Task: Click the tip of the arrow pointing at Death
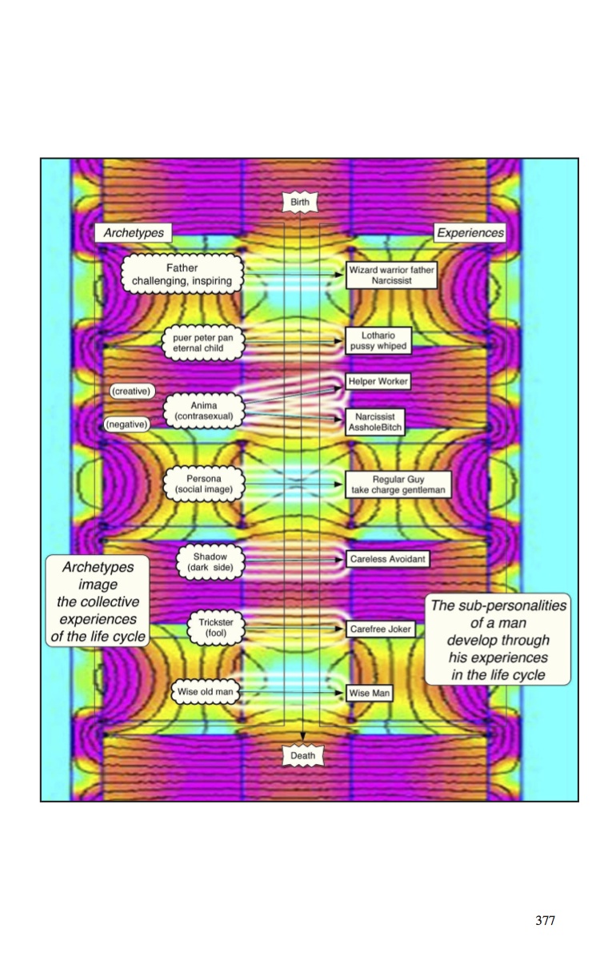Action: (x=303, y=740)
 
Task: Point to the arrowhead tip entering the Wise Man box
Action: (x=343, y=692)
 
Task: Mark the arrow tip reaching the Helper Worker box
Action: (x=342, y=387)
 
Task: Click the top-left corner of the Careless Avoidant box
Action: (x=346, y=551)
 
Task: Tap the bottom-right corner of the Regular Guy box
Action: (x=451, y=497)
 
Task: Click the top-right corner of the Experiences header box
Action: (x=506, y=223)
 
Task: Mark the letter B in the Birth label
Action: (x=293, y=202)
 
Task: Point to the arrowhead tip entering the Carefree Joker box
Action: (x=343, y=629)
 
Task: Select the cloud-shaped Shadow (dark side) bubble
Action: (x=210, y=562)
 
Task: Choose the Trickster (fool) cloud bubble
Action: (x=216, y=628)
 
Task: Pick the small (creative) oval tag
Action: (x=131, y=392)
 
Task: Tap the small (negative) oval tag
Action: (x=127, y=424)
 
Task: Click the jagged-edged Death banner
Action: (x=303, y=755)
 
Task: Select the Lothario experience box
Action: (x=378, y=340)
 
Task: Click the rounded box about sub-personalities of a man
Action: (x=498, y=639)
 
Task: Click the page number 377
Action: (x=545, y=921)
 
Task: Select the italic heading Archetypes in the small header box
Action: (x=134, y=232)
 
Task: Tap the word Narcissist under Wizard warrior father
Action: (x=392, y=280)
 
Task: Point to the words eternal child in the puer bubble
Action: (x=198, y=348)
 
